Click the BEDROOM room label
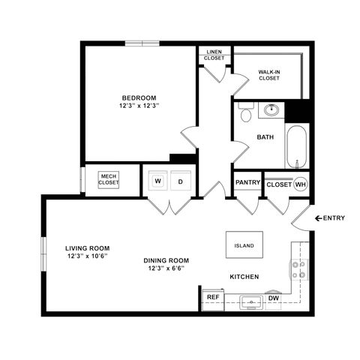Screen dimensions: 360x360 [x=139, y=98]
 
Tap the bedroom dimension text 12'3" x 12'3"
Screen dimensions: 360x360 [x=139, y=107]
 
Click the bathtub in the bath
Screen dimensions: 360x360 [x=296, y=148]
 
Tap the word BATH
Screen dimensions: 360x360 [x=265, y=137]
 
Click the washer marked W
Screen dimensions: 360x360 [x=159, y=181]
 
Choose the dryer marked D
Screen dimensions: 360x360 [x=181, y=181]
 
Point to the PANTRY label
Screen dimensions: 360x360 [x=247, y=183]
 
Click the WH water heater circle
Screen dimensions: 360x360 [x=300, y=184]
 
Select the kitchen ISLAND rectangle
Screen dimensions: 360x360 [x=244, y=245]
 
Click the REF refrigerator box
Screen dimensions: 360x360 [x=212, y=298]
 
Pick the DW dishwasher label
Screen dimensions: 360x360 [x=274, y=298]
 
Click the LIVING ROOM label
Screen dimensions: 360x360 [x=88, y=248]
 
